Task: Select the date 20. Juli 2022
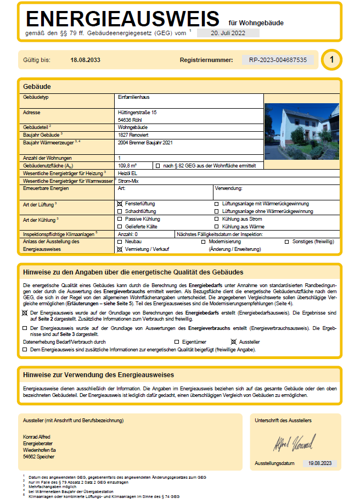click(227, 33)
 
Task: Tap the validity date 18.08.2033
click(86, 60)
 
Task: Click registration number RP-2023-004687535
click(278, 60)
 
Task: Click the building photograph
click(301, 131)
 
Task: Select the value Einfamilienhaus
click(135, 97)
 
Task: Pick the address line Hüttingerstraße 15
click(137, 112)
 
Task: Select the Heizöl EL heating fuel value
click(128, 173)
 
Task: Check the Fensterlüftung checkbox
click(120, 203)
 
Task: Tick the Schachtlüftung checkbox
click(120, 211)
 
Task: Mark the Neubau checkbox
click(120, 242)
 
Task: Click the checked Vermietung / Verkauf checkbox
click(120, 249)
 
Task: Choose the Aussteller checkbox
click(234, 341)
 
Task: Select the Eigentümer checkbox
click(177, 341)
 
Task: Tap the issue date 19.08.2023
click(320, 463)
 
